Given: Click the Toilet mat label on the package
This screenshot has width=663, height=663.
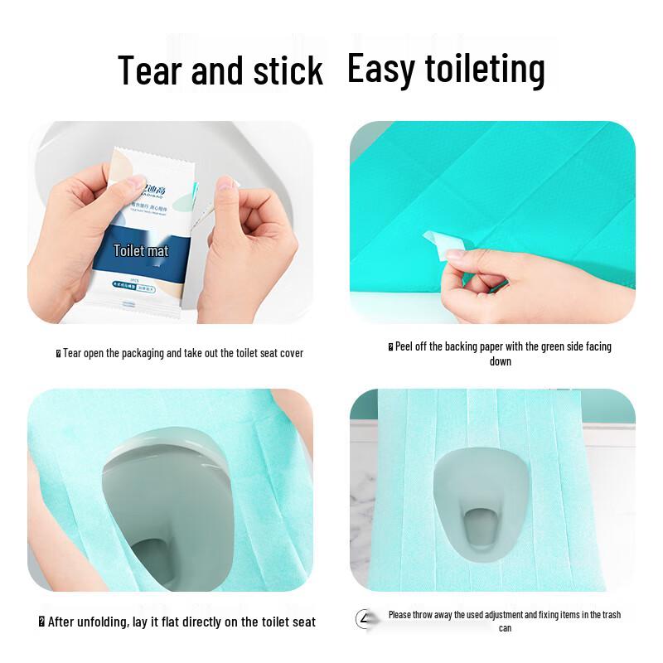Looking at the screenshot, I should pos(142,249).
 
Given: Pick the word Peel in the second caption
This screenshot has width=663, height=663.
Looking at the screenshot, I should pos(404,346).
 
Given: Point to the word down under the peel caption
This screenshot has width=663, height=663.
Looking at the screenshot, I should pos(500,361).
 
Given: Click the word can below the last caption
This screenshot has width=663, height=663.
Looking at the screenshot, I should pos(505,628).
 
